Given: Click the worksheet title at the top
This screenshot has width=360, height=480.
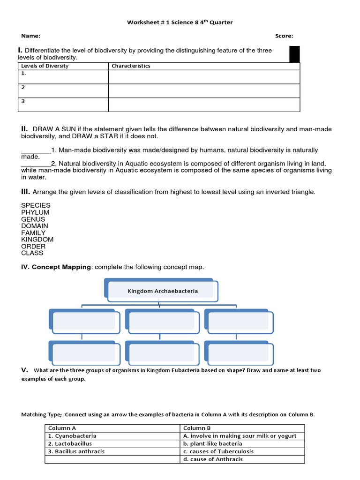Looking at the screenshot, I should (x=180, y=22).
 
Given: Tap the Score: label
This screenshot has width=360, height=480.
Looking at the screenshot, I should (x=284, y=36).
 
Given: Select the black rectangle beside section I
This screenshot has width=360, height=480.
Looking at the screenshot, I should (x=295, y=54).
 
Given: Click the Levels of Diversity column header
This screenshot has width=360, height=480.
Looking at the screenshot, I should (x=45, y=66).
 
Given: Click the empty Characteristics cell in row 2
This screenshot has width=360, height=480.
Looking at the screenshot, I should (x=204, y=91).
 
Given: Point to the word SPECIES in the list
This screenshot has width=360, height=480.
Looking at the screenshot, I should (x=36, y=205).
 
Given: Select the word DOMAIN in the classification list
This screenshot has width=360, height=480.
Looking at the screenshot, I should (x=35, y=226).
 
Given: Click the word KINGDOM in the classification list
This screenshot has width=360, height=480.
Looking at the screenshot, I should (x=37, y=240).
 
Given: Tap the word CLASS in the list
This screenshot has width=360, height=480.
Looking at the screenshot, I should (x=32, y=253).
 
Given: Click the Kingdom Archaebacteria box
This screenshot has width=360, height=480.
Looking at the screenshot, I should (x=162, y=291).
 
